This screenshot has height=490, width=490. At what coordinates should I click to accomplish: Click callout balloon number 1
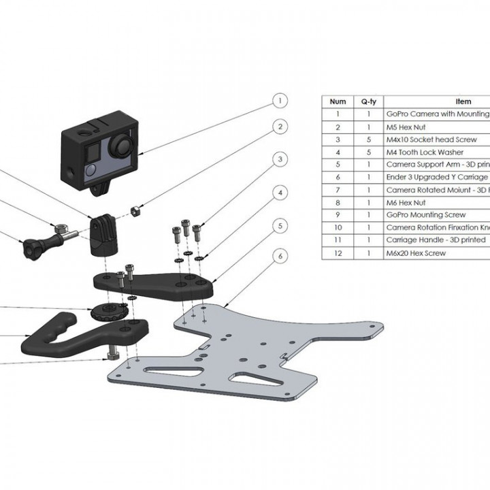pyautogui.click(x=278, y=101)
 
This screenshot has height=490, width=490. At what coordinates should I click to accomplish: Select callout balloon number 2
pyautogui.click(x=278, y=127)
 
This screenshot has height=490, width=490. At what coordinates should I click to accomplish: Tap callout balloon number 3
pyautogui.click(x=278, y=159)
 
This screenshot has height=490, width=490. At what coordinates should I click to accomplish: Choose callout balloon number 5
pyautogui.click(x=278, y=225)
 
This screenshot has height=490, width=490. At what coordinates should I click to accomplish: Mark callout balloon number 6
pyautogui.click(x=278, y=256)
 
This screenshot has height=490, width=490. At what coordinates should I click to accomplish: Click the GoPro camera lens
pyautogui.click(x=122, y=145)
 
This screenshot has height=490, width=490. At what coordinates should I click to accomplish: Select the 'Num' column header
pyautogui.click(x=338, y=101)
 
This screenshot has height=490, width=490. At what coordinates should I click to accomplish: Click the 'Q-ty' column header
pyautogui.click(x=369, y=101)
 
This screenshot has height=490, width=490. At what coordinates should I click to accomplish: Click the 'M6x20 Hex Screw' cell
pyautogui.click(x=416, y=253)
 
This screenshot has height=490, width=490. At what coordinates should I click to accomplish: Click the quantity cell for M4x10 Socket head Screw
pyautogui.click(x=369, y=140)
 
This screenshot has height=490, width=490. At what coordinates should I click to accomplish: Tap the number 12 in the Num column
pyautogui.click(x=338, y=253)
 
